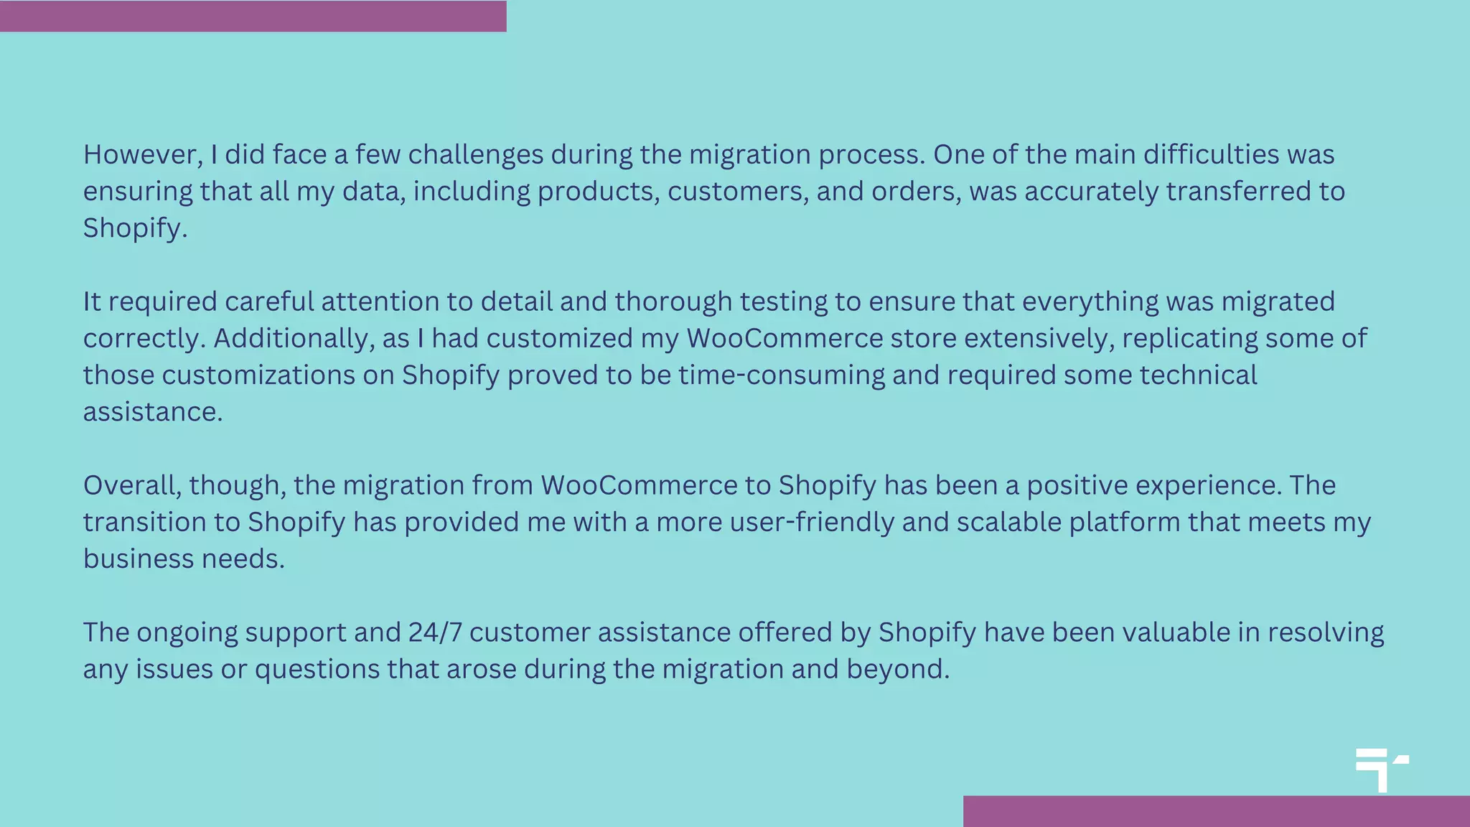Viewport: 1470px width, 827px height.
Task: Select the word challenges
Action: [475, 155]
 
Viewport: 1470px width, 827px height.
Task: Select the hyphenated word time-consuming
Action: [782, 375]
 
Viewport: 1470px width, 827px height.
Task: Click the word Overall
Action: [132, 485]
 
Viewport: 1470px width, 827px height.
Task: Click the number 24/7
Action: [435, 632]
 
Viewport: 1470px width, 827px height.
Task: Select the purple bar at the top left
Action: [253, 16]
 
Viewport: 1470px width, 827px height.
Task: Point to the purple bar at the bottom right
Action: [1216, 811]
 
